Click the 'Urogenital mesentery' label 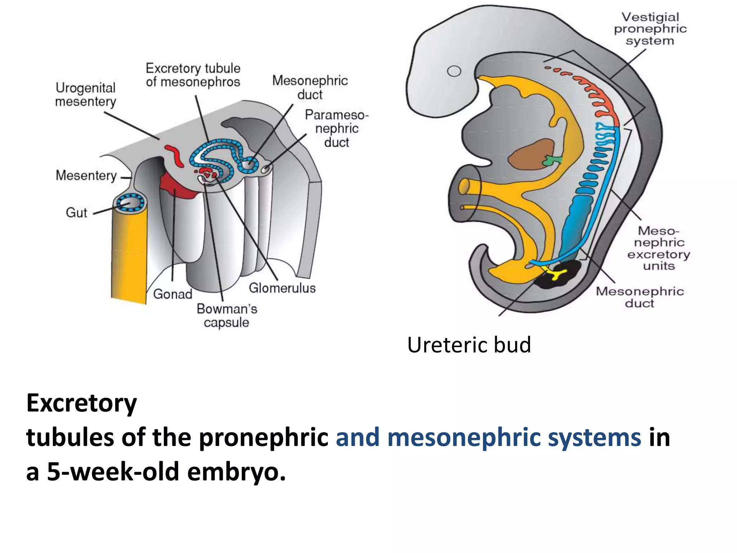coord(86,94)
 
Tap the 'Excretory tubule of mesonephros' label coord(193,75)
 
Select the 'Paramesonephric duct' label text coord(336,129)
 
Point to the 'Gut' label coord(76,212)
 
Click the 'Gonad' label coord(173,294)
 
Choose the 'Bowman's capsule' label coord(227,315)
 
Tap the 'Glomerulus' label coord(282,288)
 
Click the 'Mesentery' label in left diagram coord(86,175)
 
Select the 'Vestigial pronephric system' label coord(650,29)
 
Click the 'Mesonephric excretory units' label coord(659,248)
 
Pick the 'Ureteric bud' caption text coord(469,345)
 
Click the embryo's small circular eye coord(454,71)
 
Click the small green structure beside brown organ coord(551,160)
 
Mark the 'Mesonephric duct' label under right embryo coord(639,297)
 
